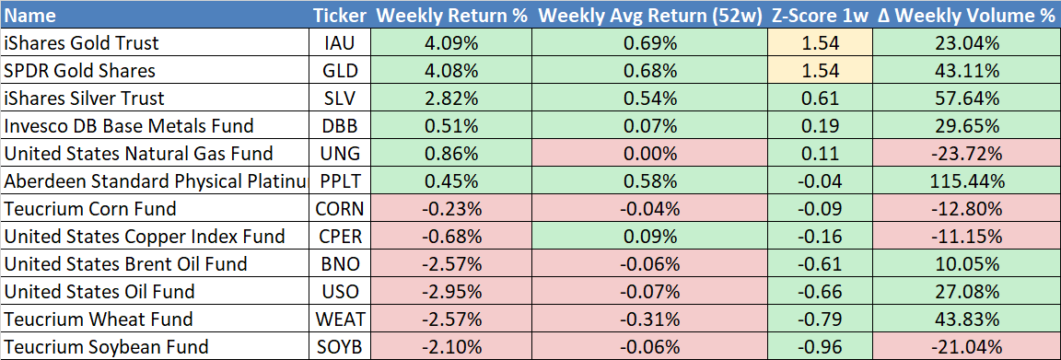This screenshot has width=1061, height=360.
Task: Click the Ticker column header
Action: (341, 16)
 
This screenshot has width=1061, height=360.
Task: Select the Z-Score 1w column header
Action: (820, 16)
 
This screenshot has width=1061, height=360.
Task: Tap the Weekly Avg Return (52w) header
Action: (650, 16)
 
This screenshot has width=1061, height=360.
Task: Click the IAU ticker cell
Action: (341, 44)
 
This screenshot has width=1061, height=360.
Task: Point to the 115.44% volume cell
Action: (965, 181)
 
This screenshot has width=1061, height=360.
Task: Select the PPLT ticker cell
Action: (341, 181)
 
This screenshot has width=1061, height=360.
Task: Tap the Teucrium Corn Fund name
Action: (90, 208)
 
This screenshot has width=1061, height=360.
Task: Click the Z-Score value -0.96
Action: (820, 347)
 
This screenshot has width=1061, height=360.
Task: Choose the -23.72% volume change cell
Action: (965, 154)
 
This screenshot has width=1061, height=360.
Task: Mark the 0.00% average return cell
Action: (650, 154)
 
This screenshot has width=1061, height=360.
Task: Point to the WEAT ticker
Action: (341, 319)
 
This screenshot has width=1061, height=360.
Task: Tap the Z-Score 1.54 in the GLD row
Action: (820, 71)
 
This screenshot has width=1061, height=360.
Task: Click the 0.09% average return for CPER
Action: (650, 237)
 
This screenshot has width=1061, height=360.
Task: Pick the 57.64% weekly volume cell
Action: (965, 99)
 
